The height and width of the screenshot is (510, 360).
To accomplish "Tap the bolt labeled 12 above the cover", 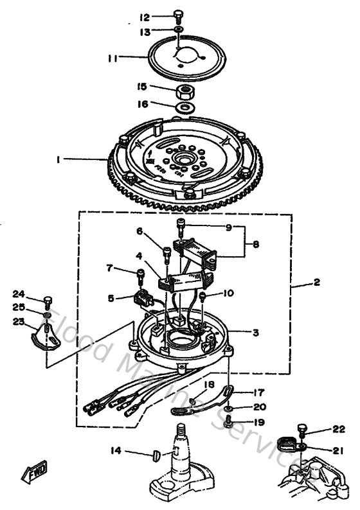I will point(178,17).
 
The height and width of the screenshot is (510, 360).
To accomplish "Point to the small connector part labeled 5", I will point(143,299).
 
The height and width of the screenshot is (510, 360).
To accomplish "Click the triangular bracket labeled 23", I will point(43,335).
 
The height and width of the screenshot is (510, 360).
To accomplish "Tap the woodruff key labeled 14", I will point(157,455).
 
